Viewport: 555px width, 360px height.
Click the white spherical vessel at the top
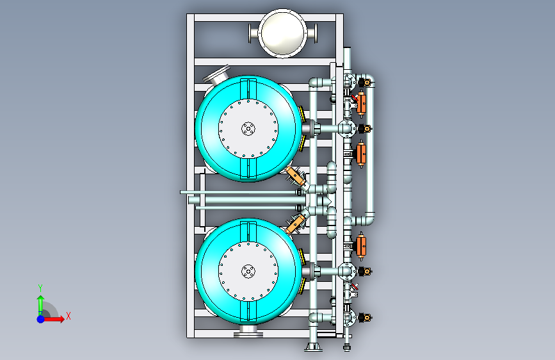pyautogui.click(x=282, y=33)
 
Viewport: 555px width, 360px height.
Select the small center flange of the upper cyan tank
pyautogui.click(x=248, y=129)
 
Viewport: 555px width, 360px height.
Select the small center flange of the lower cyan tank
pyautogui.click(x=248, y=272)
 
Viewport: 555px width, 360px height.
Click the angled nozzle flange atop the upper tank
pyautogui.click(x=217, y=75)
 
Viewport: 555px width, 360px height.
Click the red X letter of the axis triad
pyautogui.click(x=68, y=316)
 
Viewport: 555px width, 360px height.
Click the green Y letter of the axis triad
pyautogui.click(x=40, y=288)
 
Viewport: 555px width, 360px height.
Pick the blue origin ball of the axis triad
pyautogui.click(x=41, y=319)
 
